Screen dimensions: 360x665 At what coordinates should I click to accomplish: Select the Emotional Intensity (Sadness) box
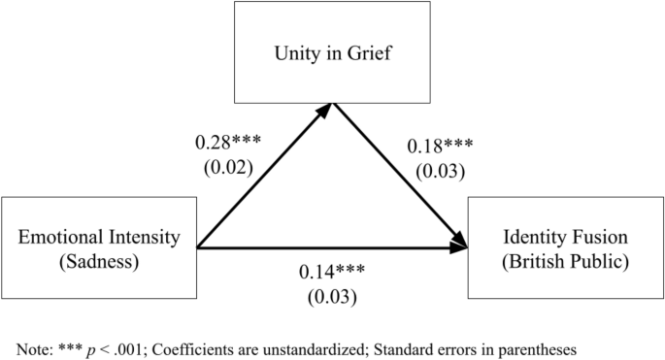tap(100, 248)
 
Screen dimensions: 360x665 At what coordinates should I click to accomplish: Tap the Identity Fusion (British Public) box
tap(565, 248)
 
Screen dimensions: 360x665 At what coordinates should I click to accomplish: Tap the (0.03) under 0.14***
tap(332, 295)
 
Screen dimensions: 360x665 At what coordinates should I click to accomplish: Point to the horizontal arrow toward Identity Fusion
tap(332, 249)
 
